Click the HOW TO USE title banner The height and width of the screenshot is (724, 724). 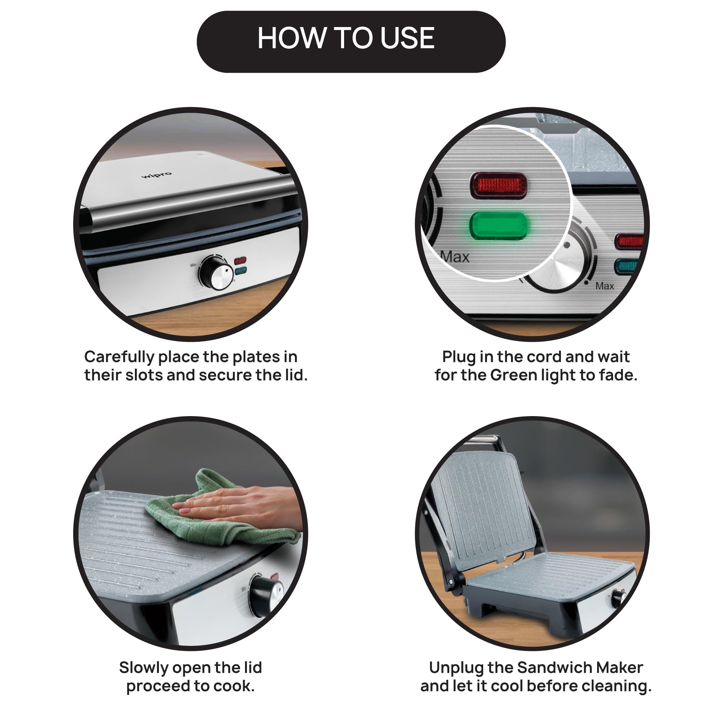[x=351, y=42]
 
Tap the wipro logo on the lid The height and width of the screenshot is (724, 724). [x=157, y=175]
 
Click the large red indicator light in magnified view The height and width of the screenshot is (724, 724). [x=499, y=186]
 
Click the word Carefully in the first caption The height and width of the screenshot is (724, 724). [x=119, y=357]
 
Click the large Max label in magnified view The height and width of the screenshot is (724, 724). [x=455, y=257]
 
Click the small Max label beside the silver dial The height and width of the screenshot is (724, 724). [x=605, y=286]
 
